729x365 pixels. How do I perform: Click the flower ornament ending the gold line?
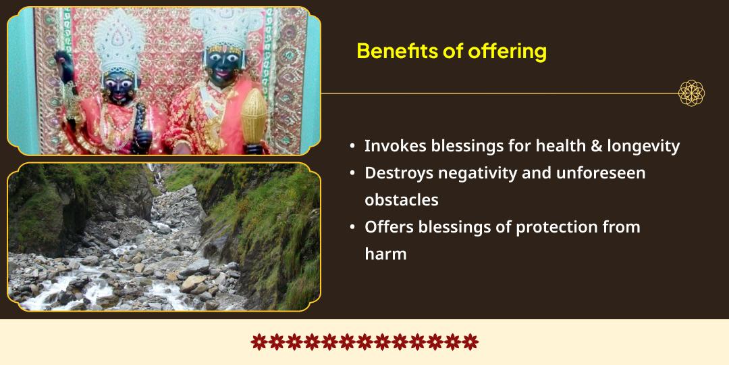coord(691,93)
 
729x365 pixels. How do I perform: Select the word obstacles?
coord(402,200)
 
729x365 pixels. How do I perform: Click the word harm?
coord(385,254)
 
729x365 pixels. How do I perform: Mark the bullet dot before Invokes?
coord(352,146)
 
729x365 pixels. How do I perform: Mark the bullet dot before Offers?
coord(352,227)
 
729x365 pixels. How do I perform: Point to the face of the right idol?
coord(226,69)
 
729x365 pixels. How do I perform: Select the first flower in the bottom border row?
coord(259,341)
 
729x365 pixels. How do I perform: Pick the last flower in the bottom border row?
coord(470,341)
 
